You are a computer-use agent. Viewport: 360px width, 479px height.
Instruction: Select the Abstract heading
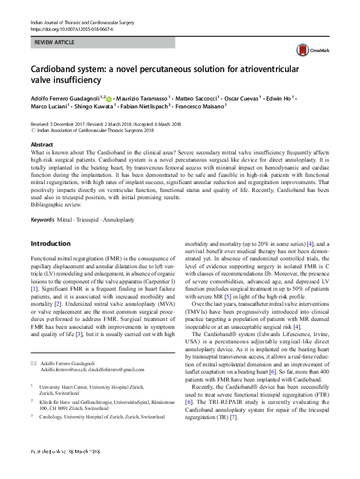42,145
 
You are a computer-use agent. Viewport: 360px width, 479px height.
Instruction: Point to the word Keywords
42,219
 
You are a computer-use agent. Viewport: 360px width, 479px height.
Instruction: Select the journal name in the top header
82,22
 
